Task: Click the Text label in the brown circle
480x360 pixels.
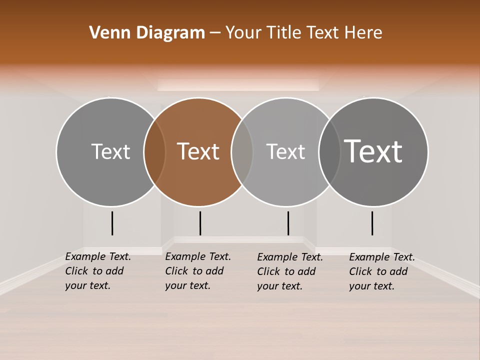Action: [x=198, y=151]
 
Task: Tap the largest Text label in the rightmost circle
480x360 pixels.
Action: [x=373, y=151]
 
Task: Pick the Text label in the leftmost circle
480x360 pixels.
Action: [x=110, y=151]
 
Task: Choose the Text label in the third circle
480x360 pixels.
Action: [x=285, y=151]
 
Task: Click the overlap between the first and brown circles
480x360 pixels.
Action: [x=154, y=151]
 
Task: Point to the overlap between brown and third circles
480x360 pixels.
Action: [x=242, y=151]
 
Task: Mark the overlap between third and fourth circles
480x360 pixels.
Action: [x=329, y=151]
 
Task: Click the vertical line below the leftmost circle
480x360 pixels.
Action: [x=112, y=223]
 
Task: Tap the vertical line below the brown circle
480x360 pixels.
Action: [x=200, y=223]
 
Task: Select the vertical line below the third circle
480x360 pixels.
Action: [x=288, y=223]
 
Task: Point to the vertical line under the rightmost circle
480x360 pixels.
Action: [x=372, y=223]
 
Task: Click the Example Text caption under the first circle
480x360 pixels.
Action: [x=97, y=271]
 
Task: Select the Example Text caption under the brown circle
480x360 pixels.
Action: [x=197, y=271]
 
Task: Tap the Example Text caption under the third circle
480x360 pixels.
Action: [x=289, y=271]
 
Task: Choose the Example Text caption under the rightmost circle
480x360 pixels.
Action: [x=381, y=271]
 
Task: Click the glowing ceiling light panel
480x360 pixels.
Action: [x=238, y=85]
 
